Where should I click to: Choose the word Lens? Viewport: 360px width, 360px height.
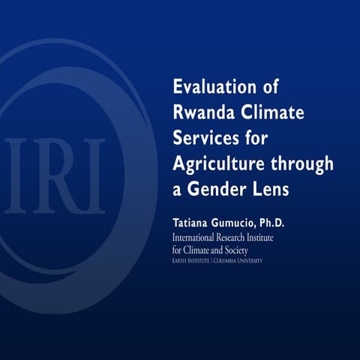(x=271, y=190)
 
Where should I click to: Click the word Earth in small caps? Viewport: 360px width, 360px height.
(x=181, y=260)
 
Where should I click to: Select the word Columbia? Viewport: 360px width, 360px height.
(x=228, y=260)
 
